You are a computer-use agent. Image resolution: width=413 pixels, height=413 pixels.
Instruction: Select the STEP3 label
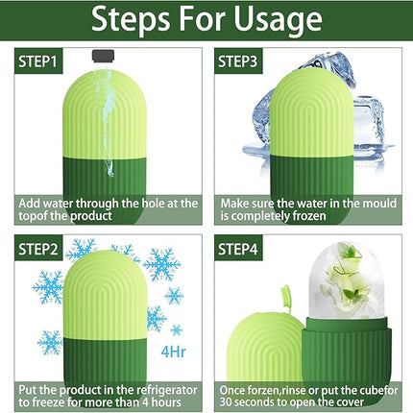pos(243,61)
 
